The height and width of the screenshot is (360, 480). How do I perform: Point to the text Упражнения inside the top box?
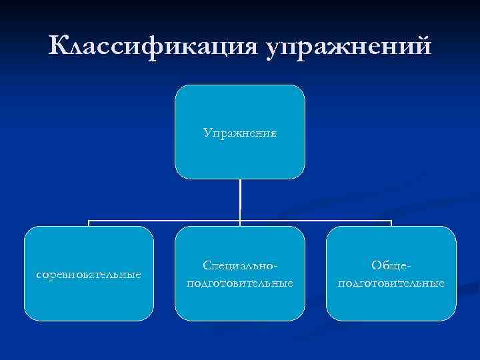(x=240, y=133)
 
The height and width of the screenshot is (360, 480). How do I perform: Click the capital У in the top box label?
(x=207, y=133)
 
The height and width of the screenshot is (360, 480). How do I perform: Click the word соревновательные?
(x=89, y=274)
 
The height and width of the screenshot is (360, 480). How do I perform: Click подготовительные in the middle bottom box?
(x=240, y=283)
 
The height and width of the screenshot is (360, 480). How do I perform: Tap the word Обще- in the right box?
(x=391, y=265)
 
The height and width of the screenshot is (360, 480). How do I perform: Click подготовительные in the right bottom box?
(x=391, y=283)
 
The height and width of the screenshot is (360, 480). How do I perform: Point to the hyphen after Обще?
(x=409, y=266)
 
